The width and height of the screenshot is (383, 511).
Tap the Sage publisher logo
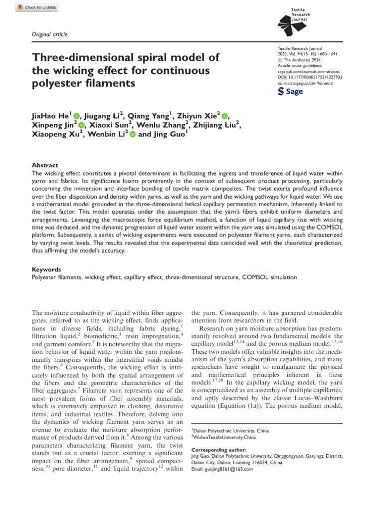point(290,92)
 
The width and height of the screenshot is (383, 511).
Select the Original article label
point(49,34)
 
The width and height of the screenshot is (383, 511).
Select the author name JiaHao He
point(51,116)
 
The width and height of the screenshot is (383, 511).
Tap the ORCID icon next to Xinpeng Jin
point(81,125)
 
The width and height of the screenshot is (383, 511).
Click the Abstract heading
point(45,165)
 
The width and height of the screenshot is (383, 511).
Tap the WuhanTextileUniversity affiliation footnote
point(224,437)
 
